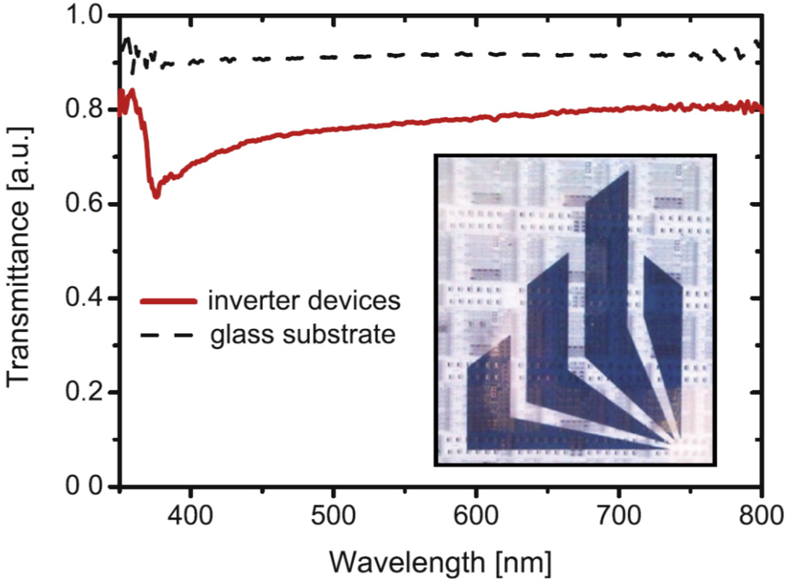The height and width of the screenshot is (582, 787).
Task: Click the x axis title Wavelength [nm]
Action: (x=440, y=563)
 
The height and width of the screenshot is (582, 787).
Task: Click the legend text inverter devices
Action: (x=304, y=300)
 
